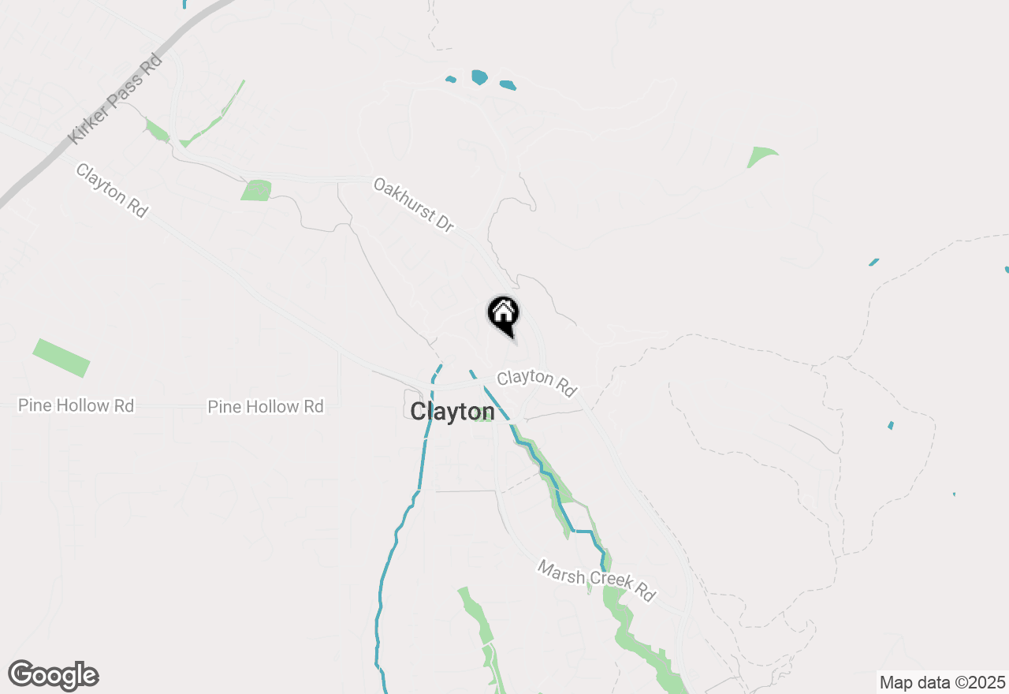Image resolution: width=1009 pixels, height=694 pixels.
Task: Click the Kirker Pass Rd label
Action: click(116, 99)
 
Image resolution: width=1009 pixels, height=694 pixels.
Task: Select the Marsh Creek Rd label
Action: click(597, 580)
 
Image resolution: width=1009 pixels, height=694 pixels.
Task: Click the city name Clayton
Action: click(452, 412)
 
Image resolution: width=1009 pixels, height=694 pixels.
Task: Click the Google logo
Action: click(54, 676)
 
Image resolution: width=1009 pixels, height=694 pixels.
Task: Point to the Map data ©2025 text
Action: click(942, 681)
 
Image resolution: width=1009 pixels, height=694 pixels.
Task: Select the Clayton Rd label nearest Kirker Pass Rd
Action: click(112, 190)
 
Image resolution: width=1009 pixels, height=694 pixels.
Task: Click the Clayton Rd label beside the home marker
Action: click(537, 382)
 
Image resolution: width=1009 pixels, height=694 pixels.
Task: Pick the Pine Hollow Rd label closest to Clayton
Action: click(266, 407)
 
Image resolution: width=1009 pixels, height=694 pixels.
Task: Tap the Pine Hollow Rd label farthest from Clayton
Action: click(76, 405)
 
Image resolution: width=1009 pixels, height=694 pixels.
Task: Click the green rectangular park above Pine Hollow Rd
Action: click(61, 357)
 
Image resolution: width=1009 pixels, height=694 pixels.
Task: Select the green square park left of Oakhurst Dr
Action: click(256, 190)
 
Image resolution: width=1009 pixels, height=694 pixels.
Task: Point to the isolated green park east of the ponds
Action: click(761, 157)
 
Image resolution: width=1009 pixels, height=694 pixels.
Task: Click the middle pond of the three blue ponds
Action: click(479, 76)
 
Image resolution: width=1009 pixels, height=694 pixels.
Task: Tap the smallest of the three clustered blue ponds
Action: click(451, 79)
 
